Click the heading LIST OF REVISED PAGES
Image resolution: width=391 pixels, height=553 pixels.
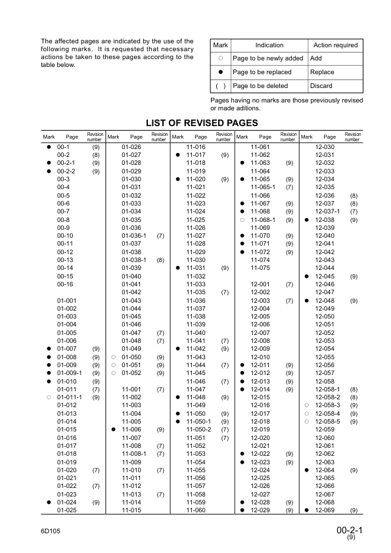(202, 123)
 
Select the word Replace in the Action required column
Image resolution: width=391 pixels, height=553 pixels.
(322, 72)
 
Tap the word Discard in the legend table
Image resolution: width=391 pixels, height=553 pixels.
(321, 86)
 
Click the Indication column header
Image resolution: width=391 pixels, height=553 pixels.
(269, 45)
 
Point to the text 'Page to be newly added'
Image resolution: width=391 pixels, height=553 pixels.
(267, 58)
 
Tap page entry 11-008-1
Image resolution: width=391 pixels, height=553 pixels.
(133, 454)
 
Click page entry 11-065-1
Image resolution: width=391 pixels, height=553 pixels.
(263, 187)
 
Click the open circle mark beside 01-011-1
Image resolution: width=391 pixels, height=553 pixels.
(49, 397)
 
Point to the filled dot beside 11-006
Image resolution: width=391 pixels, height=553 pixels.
(114, 430)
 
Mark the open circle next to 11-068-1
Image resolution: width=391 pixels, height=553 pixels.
(242, 220)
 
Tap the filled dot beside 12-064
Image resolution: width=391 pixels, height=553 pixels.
(307, 470)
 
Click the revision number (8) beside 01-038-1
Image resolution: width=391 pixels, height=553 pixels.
(160, 260)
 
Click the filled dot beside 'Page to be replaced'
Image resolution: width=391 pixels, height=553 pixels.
(221, 72)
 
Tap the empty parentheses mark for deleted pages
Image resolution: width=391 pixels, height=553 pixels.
(221, 86)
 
